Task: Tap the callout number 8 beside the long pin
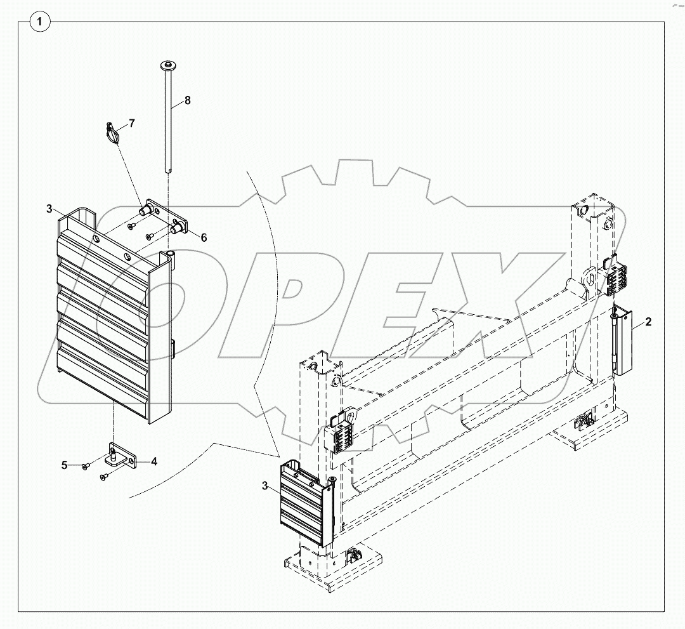click(x=187, y=100)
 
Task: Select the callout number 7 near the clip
click(x=131, y=123)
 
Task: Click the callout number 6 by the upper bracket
click(x=204, y=237)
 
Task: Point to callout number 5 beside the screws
click(x=65, y=465)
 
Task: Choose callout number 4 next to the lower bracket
click(x=153, y=461)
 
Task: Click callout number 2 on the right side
click(x=648, y=322)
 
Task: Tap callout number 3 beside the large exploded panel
click(x=49, y=209)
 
